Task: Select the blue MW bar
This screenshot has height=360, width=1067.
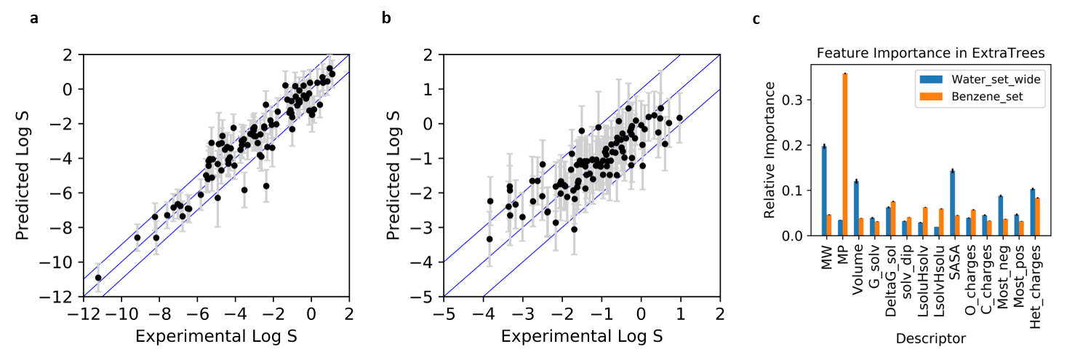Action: (823, 191)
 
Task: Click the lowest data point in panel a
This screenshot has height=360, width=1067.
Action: (98, 278)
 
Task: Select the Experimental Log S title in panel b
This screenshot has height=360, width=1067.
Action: (582, 336)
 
